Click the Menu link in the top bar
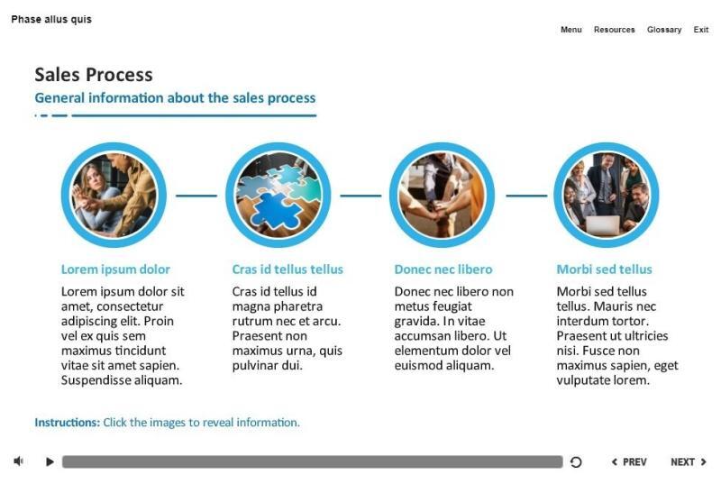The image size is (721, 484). click(x=570, y=30)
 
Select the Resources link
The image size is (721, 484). click(x=614, y=30)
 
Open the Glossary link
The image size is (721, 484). click(x=664, y=30)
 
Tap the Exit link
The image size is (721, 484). click(x=701, y=30)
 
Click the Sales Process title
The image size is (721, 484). click(x=93, y=75)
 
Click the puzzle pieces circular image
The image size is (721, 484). click(x=278, y=195)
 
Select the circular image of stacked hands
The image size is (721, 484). click(x=442, y=195)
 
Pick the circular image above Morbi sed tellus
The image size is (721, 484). click(x=606, y=195)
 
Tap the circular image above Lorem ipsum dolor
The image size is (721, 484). click(x=114, y=195)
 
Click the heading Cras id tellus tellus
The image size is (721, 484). click(x=287, y=269)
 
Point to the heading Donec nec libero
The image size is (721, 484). click(x=443, y=269)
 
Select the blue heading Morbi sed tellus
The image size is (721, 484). click(x=604, y=269)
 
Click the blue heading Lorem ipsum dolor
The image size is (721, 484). click(x=115, y=269)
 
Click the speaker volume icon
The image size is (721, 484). click(x=19, y=461)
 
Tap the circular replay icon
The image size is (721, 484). click(x=576, y=462)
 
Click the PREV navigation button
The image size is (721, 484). click(x=629, y=462)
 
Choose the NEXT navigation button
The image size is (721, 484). click(x=689, y=462)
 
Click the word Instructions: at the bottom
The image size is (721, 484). click(x=67, y=423)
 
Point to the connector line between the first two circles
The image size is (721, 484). click(x=196, y=195)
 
